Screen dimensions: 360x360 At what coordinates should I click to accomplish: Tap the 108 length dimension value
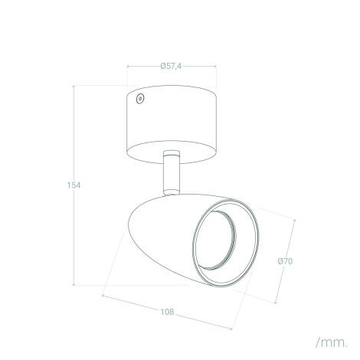coord(168,312)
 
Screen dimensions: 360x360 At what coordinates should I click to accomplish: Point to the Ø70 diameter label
coord(285,262)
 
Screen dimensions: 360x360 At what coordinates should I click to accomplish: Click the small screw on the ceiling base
coord(139,98)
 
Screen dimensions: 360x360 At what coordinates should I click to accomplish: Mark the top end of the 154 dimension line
coord(74,87)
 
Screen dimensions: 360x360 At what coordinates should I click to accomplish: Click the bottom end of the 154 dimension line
coord(74,283)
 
